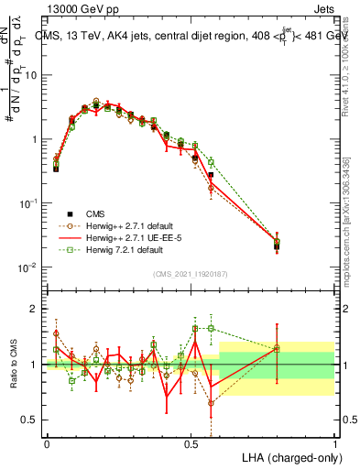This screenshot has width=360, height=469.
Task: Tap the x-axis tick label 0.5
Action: point(191,442)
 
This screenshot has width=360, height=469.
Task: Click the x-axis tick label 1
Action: point(334,442)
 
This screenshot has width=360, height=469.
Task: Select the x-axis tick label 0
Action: point(47,442)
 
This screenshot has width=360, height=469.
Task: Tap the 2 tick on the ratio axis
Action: point(36,309)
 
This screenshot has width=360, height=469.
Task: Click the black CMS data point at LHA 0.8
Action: point(277,246)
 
